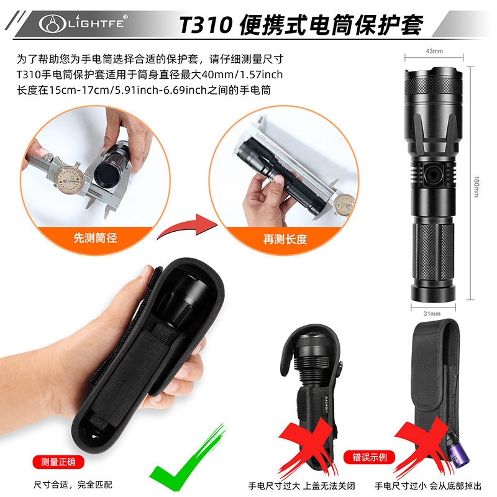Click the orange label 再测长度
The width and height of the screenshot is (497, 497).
[285, 239]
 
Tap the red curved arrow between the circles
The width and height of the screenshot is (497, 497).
[181, 228]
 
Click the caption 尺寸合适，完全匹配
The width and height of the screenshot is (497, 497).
[74, 485]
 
